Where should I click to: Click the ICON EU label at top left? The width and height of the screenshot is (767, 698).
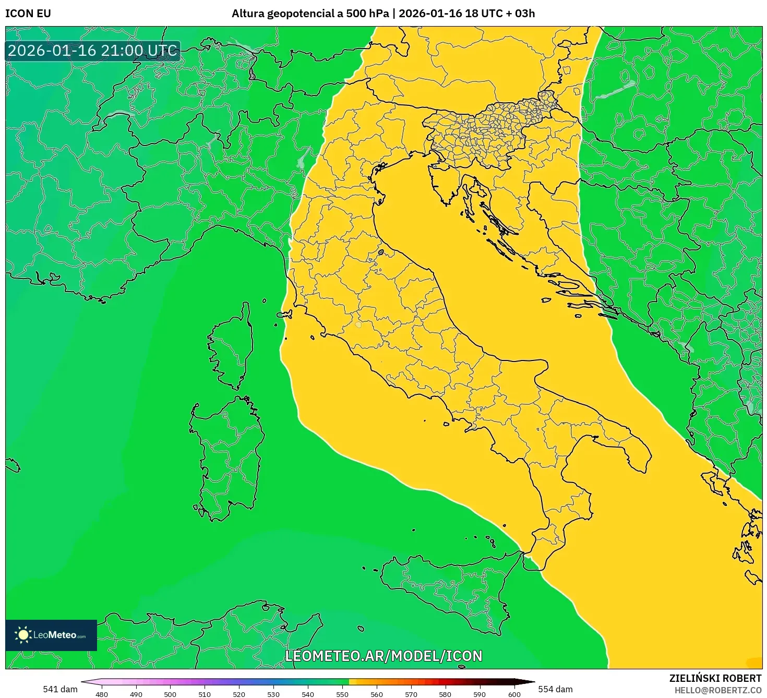pyautogui.click(x=28, y=14)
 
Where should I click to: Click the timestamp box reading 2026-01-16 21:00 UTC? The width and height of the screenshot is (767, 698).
pyautogui.click(x=92, y=51)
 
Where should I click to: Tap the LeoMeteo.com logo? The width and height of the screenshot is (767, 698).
pyautogui.click(x=51, y=635)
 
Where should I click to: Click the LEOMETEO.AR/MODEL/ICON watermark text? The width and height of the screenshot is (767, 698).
pyautogui.click(x=383, y=656)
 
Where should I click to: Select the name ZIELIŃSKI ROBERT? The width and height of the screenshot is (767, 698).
pyautogui.click(x=715, y=678)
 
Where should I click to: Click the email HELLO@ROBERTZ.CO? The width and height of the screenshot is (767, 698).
pyautogui.click(x=717, y=690)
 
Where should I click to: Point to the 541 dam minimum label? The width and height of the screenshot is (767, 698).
pyautogui.click(x=60, y=689)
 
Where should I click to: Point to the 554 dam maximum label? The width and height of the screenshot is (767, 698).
pyautogui.click(x=555, y=689)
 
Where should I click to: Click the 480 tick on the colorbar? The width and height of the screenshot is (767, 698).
pyautogui.click(x=102, y=694)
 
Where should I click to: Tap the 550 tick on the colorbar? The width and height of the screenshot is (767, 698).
pyautogui.click(x=342, y=694)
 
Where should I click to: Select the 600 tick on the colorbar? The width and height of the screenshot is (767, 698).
pyautogui.click(x=514, y=694)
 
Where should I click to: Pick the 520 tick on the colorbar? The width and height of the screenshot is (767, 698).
pyautogui.click(x=239, y=694)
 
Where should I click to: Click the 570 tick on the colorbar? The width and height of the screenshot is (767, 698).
pyautogui.click(x=411, y=694)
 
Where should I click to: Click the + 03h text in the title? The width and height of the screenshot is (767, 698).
pyautogui.click(x=520, y=14)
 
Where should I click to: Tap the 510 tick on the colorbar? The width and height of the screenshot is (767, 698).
pyautogui.click(x=205, y=694)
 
